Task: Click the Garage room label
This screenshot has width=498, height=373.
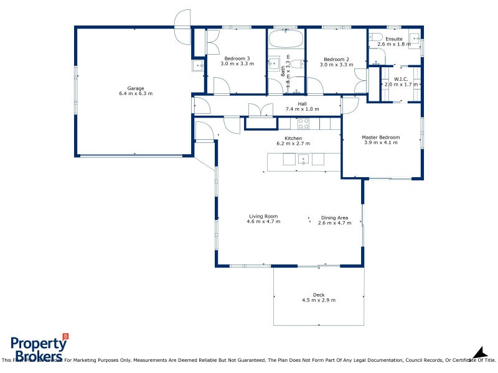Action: [x=135, y=88]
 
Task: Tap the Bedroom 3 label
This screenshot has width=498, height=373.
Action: [x=237, y=58]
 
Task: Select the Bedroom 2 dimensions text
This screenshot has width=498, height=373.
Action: [x=335, y=64]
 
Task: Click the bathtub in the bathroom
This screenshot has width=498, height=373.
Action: [x=286, y=40]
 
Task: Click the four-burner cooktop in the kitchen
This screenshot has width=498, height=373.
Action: [x=303, y=123]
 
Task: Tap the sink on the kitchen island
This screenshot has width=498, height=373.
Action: [x=303, y=160]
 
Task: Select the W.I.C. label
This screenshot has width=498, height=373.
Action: [x=400, y=78]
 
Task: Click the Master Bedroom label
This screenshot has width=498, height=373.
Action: [x=381, y=137]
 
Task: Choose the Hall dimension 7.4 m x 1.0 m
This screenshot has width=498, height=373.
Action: [x=302, y=109]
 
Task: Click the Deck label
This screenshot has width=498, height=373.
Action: [x=319, y=295]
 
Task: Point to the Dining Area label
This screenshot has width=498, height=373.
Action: [x=334, y=218]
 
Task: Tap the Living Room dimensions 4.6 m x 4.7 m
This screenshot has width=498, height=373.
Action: [x=263, y=221]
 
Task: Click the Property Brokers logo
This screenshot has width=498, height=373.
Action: [x=39, y=348]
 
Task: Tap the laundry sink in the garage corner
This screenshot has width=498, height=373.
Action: [x=199, y=65]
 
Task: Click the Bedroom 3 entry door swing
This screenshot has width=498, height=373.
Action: [x=222, y=86]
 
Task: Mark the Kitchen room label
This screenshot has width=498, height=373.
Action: [x=293, y=138]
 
